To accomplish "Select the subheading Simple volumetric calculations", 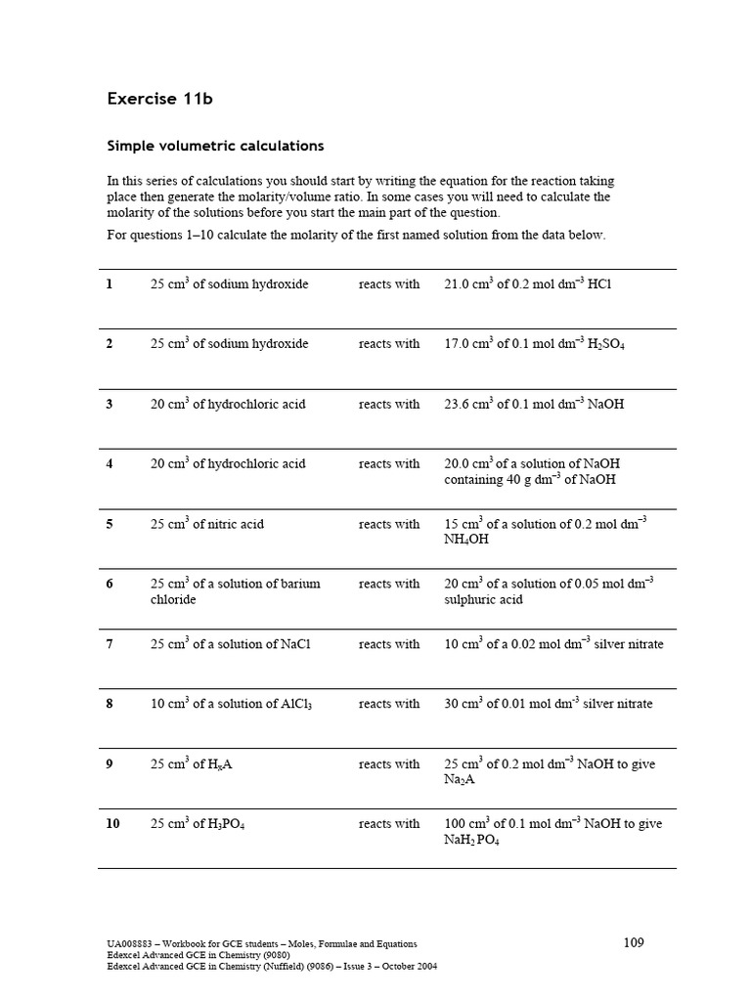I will coord(214,146).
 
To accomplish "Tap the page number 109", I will coord(633,942).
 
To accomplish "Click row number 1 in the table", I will coord(110,284).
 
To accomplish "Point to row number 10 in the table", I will coord(112,824).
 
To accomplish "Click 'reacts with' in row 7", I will coord(388,644).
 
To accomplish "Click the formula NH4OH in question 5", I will coord(465,540).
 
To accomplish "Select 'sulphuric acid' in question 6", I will coord(483,599).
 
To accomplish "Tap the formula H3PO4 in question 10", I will coord(221,825).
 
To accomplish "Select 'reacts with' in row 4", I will coord(388,464).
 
